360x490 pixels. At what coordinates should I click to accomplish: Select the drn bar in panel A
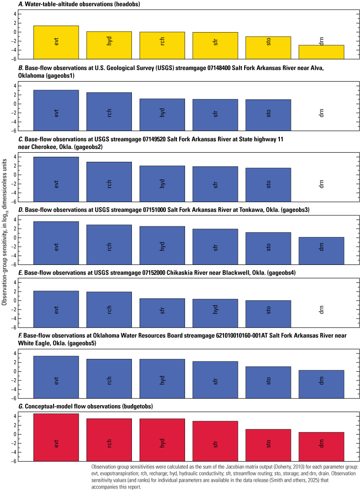[x=322, y=52]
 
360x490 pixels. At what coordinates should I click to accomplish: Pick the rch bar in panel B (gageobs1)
[x=109, y=111]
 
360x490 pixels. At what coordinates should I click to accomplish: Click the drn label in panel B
[x=322, y=112]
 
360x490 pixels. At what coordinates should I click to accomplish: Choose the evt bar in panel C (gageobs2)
[x=56, y=179]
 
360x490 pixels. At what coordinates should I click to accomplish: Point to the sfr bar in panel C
[x=215, y=184]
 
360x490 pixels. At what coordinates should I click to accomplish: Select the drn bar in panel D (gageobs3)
[x=322, y=250]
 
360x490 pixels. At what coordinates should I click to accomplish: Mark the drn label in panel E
[x=322, y=310]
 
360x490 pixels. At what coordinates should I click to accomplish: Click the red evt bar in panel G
[x=56, y=437]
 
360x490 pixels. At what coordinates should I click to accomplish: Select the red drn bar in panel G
[x=322, y=446]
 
